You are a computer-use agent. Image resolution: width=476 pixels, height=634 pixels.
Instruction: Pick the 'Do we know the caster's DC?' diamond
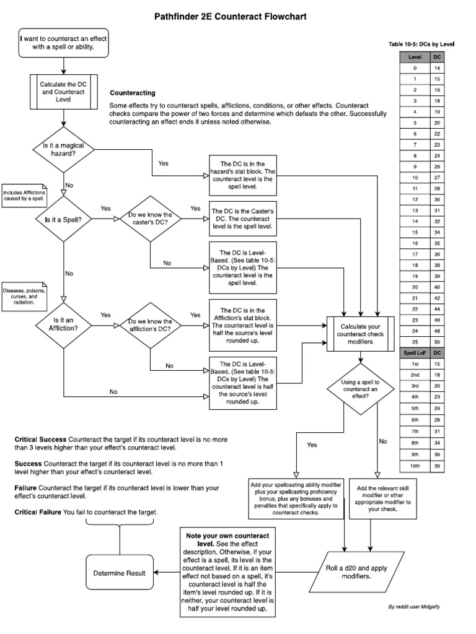click(x=150, y=219)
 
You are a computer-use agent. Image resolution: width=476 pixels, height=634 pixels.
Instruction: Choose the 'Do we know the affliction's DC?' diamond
click(x=150, y=324)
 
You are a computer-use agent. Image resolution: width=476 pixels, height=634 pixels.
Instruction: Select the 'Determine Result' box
click(x=120, y=573)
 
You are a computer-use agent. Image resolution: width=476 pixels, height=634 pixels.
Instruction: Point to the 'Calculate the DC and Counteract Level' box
click(x=63, y=92)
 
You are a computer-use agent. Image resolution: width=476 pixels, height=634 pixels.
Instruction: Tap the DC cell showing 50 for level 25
click(x=438, y=342)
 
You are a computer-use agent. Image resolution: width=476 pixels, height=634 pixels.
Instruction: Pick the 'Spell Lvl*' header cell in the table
click(x=414, y=353)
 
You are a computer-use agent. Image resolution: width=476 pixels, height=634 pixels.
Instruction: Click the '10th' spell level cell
click(x=414, y=466)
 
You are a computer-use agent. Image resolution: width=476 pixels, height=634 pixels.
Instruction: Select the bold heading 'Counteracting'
click(x=132, y=93)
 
